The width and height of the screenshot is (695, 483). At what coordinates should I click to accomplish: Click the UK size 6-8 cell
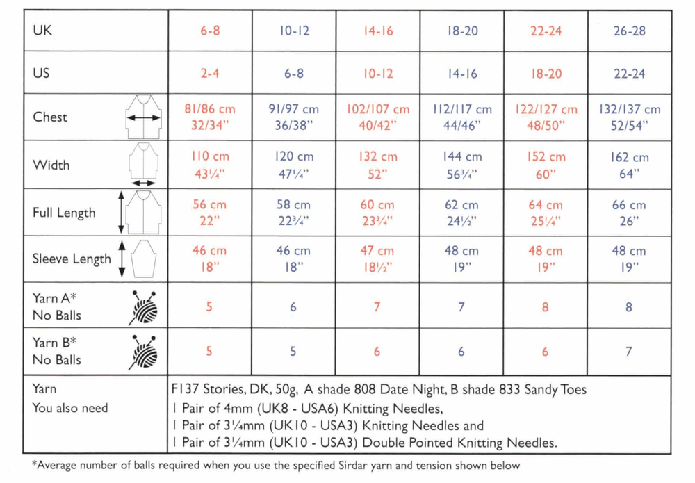(210, 32)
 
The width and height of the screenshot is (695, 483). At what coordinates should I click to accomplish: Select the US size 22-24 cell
(630, 74)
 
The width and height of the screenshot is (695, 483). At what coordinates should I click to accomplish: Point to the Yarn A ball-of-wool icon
(143, 307)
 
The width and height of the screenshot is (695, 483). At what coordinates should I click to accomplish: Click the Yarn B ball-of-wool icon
(143, 352)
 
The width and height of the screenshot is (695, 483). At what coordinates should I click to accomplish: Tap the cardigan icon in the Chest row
(144, 117)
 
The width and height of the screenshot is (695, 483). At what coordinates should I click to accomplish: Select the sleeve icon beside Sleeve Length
(142, 259)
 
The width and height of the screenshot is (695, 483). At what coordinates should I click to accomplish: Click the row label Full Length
(64, 213)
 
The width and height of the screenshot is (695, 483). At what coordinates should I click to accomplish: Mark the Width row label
(51, 165)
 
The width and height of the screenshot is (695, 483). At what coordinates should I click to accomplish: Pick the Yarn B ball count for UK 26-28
(629, 352)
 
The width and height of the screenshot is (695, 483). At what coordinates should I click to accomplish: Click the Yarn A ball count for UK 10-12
(293, 306)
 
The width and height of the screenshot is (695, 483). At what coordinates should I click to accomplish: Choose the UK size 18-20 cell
(461, 32)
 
